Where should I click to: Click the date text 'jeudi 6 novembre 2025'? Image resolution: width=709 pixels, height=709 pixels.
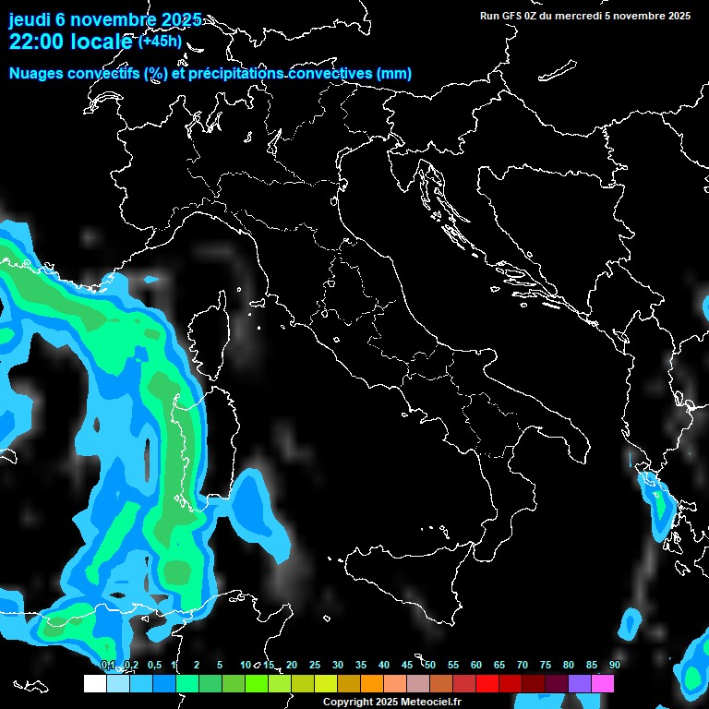pos(104,19)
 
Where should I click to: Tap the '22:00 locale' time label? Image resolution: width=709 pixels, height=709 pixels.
pos(72,41)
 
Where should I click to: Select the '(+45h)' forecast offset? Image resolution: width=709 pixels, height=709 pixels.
pos(161,41)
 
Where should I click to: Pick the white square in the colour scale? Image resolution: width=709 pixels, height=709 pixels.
pos(94,684)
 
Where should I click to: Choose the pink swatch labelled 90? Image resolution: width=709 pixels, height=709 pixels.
pos(603,684)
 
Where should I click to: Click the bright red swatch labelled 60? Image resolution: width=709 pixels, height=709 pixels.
pos(487,684)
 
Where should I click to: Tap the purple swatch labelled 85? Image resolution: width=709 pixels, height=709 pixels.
pos(580,684)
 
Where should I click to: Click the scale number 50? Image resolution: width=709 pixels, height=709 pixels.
pos(429,666)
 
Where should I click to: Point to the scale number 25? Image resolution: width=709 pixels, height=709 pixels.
pos(315,666)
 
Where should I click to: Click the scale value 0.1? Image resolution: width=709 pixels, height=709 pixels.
pos(108,666)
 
